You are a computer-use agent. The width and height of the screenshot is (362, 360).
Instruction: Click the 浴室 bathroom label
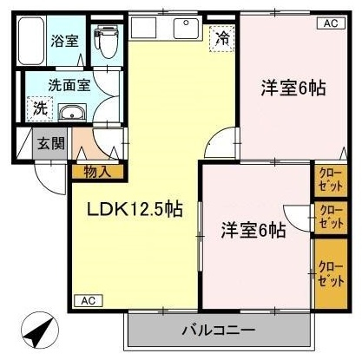point(64,41)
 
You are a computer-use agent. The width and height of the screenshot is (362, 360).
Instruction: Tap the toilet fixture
point(106,42)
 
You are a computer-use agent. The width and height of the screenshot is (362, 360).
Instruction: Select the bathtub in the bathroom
point(31,41)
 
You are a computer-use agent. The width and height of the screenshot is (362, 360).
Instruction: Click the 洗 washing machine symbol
point(40,108)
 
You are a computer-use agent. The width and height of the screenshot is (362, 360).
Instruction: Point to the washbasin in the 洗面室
point(72,112)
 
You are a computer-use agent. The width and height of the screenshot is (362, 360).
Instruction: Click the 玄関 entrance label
point(50,144)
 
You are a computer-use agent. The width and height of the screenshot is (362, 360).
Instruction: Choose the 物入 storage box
point(97,172)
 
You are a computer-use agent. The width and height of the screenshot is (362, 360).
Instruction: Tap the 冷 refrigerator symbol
point(222,38)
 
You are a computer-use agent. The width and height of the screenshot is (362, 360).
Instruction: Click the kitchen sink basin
point(187,28)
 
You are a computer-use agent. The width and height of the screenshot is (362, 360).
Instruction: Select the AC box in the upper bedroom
point(332,23)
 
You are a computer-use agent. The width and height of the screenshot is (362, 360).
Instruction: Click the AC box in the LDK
point(89,301)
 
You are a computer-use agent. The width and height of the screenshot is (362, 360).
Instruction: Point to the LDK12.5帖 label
point(135,209)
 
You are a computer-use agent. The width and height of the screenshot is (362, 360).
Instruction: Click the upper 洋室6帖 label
point(293,88)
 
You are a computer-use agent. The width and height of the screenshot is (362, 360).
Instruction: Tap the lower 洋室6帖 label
point(253,231)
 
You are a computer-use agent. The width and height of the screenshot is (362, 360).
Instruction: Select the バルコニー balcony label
point(219,330)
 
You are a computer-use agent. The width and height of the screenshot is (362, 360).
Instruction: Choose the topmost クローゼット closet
point(331,180)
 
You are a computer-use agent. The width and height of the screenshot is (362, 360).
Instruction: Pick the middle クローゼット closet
point(331,218)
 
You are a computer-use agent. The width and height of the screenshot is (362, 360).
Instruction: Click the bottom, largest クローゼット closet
point(331,273)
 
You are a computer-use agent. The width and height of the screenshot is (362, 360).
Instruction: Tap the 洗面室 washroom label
point(69,85)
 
